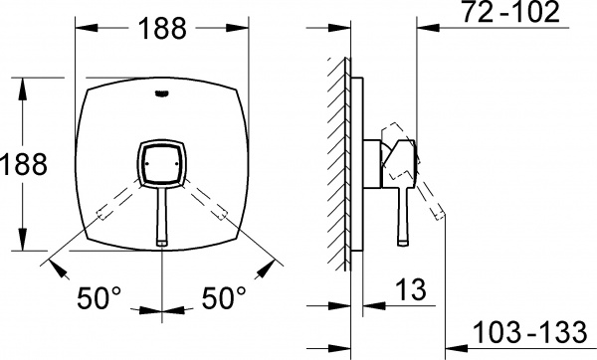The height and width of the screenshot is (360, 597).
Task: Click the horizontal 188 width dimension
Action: (162, 29)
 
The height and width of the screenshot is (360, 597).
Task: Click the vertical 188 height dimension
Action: (24, 164)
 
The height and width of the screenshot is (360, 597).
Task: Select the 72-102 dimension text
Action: (510, 12)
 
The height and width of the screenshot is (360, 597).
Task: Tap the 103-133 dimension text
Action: (529, 332)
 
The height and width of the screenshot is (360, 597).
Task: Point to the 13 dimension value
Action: (410, 289)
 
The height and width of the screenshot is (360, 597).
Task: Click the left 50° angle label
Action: (99, 297)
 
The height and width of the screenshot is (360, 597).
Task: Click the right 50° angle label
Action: (224, 297)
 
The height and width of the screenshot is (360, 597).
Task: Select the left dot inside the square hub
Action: (146, 164)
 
